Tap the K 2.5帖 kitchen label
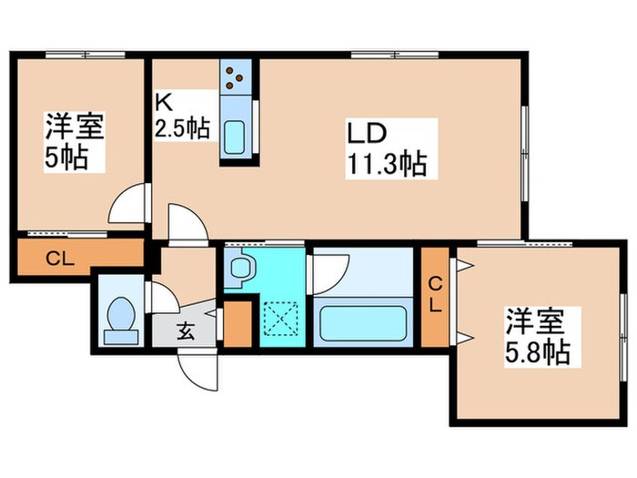182,115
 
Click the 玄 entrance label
185,331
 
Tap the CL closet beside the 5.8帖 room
436,295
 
